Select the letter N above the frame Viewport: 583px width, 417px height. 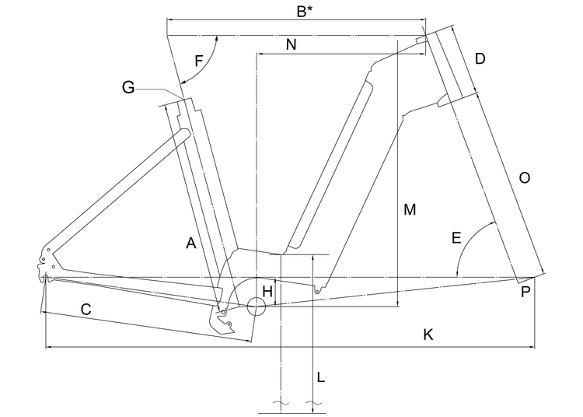click(291, 45)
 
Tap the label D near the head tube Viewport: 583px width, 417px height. click(480, 59)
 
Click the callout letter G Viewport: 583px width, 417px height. click(128, 88)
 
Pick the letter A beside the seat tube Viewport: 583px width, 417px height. click(190, 244)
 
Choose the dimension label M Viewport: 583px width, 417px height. click(410, 209)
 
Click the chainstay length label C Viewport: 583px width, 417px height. click(86, 309)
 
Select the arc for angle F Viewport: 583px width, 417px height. click(204, 66)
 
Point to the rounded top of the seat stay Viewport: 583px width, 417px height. click(184, 135)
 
